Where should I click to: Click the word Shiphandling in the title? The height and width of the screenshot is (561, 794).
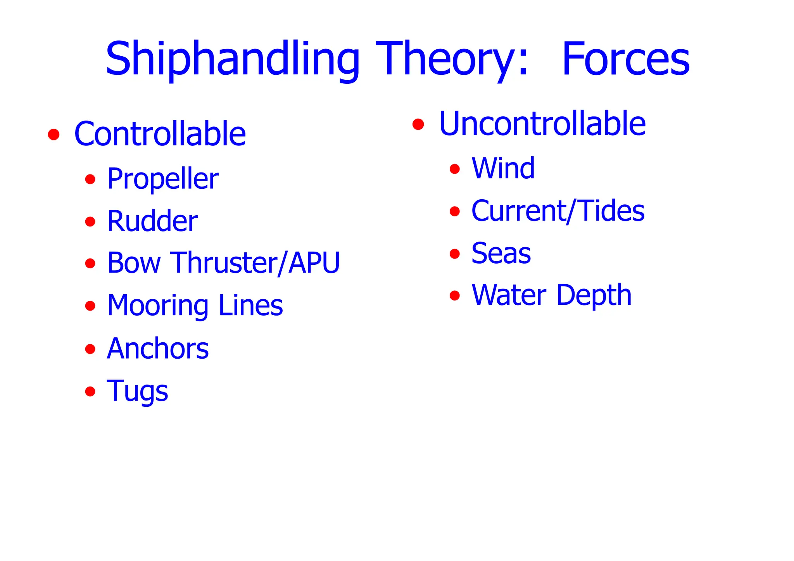pos(233,59)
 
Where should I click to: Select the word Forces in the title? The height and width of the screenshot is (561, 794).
pos(625,59)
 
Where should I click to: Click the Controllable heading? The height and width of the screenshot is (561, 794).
pos(160,134)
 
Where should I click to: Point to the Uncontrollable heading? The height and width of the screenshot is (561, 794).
pos(542,124)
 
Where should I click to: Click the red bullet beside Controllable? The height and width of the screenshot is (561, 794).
pos(54,135)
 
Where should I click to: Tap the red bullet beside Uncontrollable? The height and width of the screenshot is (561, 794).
pos(418,124)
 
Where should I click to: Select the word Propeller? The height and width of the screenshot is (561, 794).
pos(162,179)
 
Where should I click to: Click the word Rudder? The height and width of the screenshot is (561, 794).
pos(152,221)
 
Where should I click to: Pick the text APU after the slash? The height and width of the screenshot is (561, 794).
pos(314,263)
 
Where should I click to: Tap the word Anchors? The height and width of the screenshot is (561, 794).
pos(157,349)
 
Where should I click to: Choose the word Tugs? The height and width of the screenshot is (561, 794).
pos(137,391)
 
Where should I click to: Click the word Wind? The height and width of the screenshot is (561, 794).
pos(503,169)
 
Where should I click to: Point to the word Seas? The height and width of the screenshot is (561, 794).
pos(501,254)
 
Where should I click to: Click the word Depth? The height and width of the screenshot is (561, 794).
pos(594,295)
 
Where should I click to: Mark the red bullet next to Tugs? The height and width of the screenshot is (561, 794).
pos(90,391)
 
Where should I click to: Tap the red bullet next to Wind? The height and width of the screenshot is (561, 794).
pos(454,169)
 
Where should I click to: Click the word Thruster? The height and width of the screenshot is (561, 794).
pos(224,263)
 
